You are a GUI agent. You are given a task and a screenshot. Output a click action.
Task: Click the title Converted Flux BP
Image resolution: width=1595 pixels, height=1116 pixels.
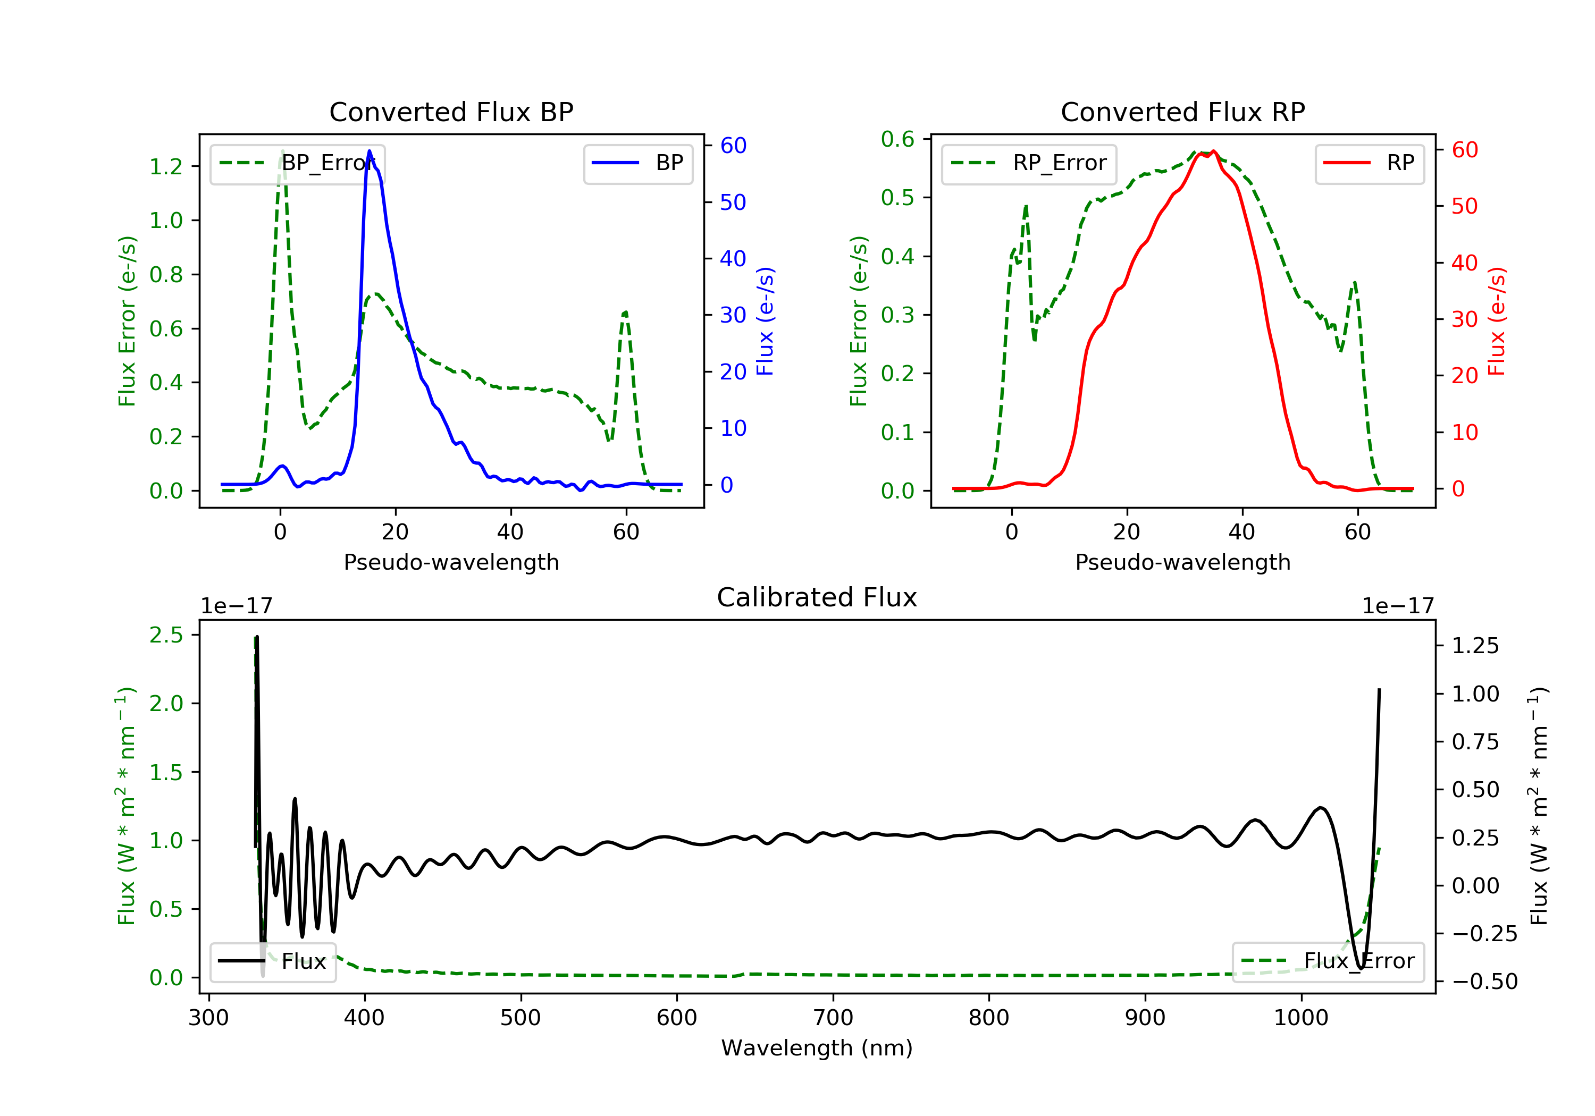coord(451,112)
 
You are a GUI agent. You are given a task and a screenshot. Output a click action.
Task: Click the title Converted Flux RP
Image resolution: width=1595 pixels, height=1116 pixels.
coord(1182,112)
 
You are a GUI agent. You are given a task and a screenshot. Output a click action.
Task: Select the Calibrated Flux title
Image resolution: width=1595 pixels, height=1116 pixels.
coord(817,597)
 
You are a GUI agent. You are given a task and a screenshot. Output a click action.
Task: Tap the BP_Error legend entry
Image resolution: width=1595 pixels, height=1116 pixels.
coord(297,163)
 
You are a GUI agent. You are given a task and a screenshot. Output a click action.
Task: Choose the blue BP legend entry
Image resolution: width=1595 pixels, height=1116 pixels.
coord(637,163)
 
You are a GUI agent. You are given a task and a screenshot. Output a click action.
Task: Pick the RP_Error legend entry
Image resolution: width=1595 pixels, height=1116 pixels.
coord(1029,163)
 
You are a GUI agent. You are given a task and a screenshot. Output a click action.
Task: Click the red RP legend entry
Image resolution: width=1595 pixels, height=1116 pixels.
coord(1369,163)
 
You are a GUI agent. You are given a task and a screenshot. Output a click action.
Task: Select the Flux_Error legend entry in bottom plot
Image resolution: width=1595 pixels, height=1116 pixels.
coord(1328,961)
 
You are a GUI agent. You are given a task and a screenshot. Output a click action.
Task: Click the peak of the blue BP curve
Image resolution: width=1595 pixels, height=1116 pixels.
coord(369,151)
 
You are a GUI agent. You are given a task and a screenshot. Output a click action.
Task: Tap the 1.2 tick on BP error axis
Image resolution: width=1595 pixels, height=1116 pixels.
coord(166,167)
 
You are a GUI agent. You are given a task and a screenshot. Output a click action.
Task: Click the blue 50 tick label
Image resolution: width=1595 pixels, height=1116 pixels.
coord(733,202)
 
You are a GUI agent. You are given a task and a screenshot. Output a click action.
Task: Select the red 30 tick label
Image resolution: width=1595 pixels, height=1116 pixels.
coord(1464,319)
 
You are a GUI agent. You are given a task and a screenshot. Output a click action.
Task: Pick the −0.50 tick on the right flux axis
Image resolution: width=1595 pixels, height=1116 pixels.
coord(1484,981)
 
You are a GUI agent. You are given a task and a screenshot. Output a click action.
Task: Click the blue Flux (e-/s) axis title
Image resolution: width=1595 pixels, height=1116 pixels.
coord(765,322)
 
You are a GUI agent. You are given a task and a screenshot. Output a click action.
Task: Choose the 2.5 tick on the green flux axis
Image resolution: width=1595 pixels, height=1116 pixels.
coord(166,635)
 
